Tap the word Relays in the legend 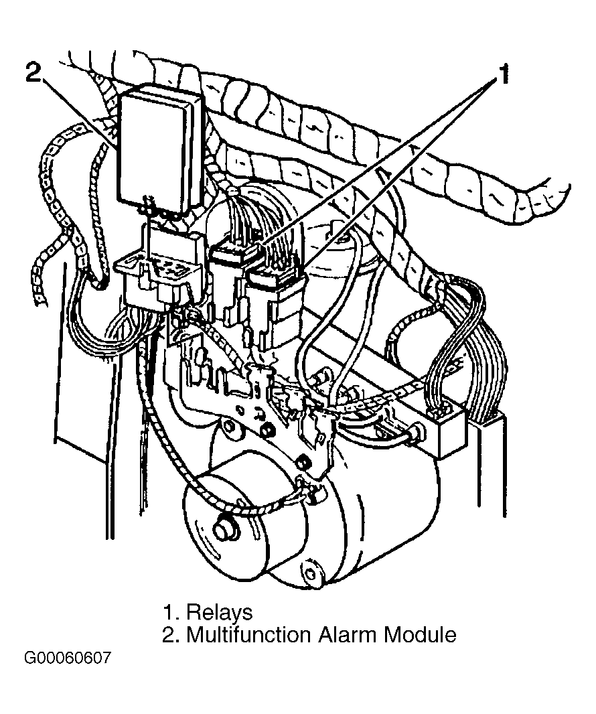tap(220, 613)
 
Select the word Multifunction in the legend tap(249, 635)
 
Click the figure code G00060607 tap(68, 658)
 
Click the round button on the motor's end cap tap(226, 529)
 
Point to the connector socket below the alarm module tap(159, 273)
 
